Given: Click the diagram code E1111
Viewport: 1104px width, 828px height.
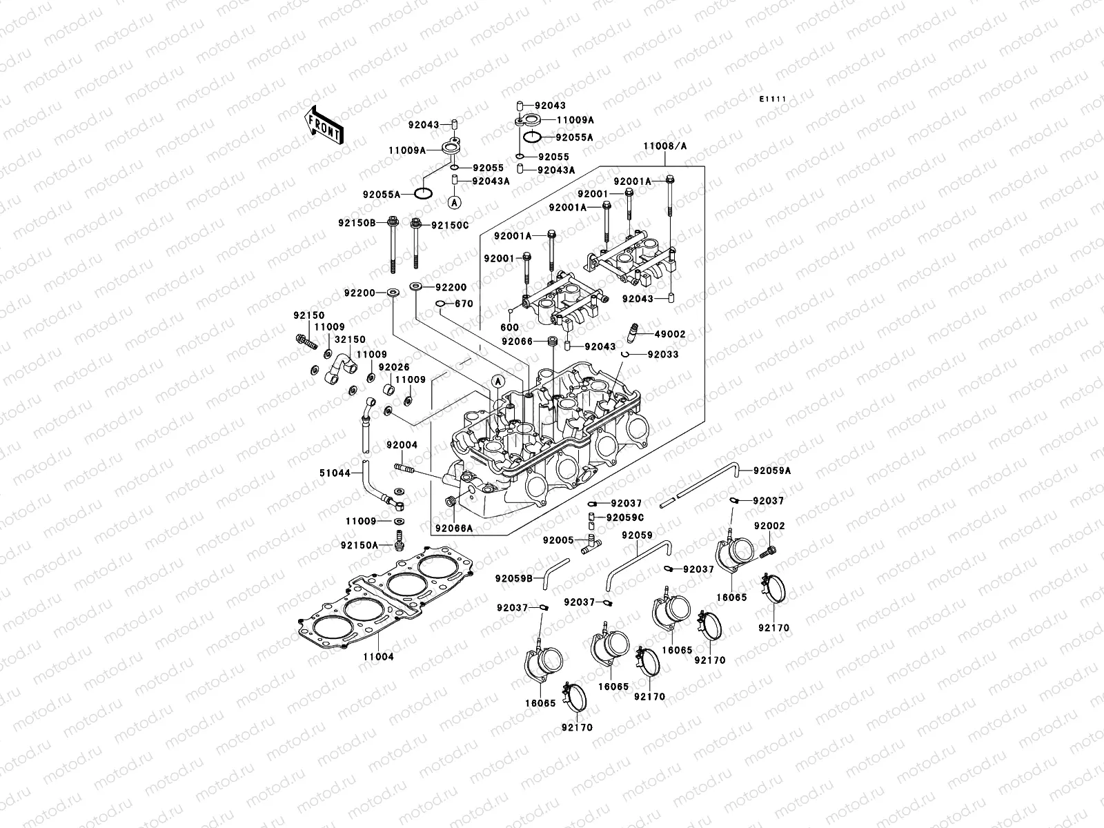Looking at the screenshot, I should pos(773,100).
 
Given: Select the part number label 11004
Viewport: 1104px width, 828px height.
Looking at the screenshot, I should pos(378,657).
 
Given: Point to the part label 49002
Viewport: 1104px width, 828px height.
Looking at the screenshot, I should pos(670,334).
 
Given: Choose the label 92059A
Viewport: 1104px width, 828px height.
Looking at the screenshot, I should pos(772,471).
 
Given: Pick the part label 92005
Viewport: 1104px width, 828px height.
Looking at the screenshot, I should pos(558,540).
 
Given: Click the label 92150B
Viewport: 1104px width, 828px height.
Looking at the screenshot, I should pos(356,223).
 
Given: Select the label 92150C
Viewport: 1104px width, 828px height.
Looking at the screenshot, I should pos(450,225).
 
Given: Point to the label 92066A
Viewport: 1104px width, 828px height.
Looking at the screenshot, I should pos(453,529).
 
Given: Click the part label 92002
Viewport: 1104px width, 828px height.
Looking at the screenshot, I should pos(769,526).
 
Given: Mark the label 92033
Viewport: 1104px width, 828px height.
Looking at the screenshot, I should pos(662,355).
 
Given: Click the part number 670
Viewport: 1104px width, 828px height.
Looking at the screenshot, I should pos(464,304).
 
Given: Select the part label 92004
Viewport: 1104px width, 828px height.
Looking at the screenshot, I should pos(402,445).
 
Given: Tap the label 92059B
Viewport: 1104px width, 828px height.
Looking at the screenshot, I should pos(514,578).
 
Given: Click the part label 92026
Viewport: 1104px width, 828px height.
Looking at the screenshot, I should pos(394,367).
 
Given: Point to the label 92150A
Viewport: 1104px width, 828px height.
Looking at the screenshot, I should pos(359,545).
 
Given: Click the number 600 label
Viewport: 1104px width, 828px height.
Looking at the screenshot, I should pos(509,328).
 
